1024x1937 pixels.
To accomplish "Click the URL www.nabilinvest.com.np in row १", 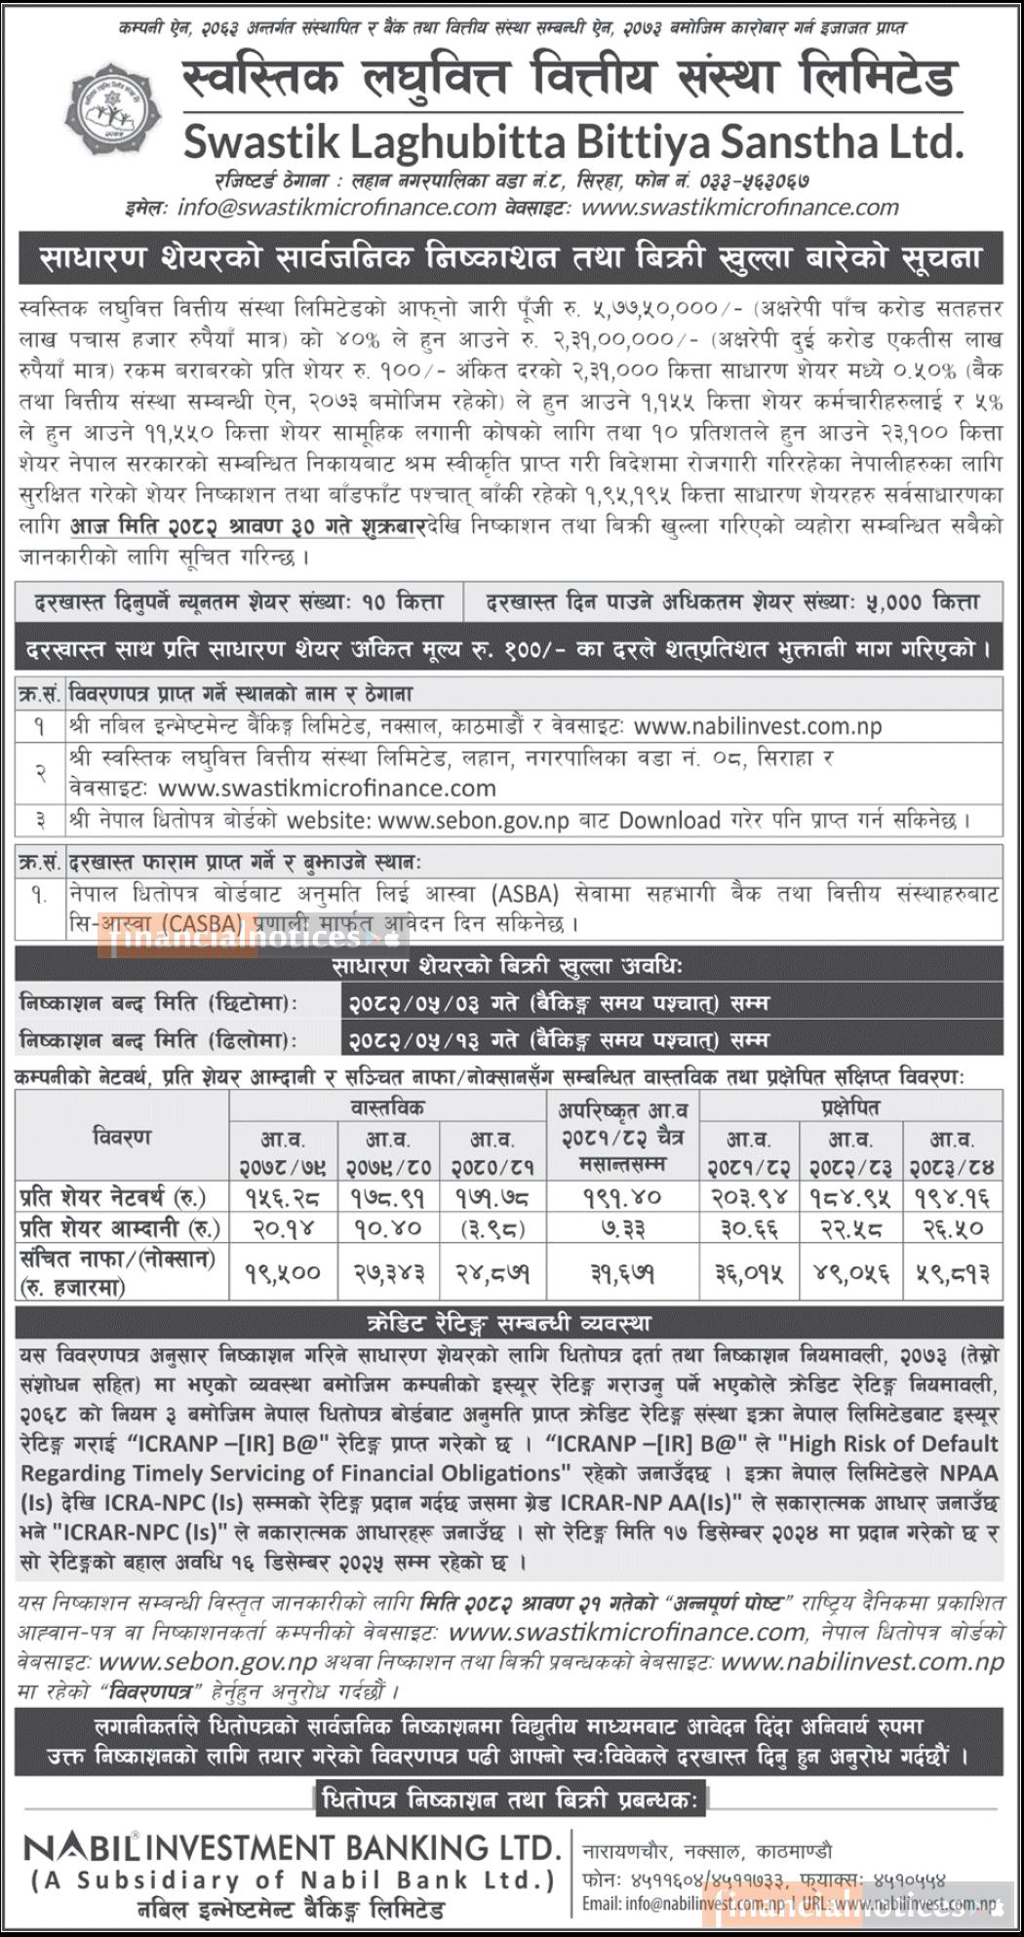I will pos(758,726).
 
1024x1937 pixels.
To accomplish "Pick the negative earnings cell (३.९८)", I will pos(492,1228).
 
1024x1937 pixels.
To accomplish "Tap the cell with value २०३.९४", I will pos(749,1195).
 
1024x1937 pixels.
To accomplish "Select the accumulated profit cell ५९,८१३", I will pos(951,1272).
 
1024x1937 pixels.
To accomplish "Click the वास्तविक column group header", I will pos(387,1107).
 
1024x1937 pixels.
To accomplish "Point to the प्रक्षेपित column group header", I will pos(849,1107).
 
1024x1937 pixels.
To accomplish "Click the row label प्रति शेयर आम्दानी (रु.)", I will pos(120,1228).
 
